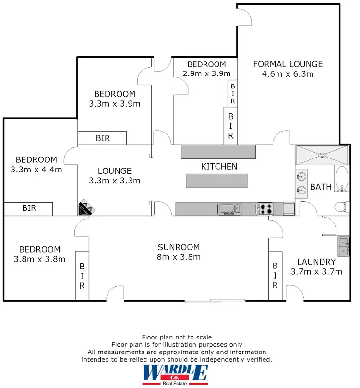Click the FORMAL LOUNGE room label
point(288,64)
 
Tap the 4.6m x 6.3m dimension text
point(288,74)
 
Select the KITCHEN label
point(219,167)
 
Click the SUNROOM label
point(179,247)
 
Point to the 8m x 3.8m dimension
point(179,257)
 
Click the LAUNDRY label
point(316,262)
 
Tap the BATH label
point(321,187)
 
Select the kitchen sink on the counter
point(229,208)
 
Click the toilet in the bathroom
point(340,207)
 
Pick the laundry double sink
point(344,246)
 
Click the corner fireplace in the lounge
point(86,208)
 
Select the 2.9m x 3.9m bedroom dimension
point(206,73)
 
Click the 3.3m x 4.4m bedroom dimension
point(36,169)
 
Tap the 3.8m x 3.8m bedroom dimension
point(39,259)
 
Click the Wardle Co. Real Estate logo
point(176,375)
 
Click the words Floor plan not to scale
point(177,337)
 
